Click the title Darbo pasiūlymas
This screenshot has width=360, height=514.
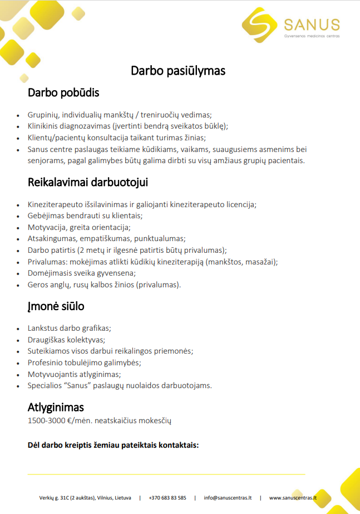coord(178,71)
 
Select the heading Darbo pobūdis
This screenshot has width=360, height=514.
coord(63,92)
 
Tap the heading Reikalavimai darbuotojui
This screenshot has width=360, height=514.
coord(88,183)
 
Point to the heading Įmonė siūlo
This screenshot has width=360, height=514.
coord(56,306)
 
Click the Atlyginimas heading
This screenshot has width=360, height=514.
coord(56,407)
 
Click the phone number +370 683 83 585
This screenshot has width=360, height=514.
coord(167,498)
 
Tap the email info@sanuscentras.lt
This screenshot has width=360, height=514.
coord(228,498)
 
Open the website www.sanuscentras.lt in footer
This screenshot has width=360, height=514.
coord(293,498)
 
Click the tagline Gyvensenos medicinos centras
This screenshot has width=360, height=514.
coord(311,36)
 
